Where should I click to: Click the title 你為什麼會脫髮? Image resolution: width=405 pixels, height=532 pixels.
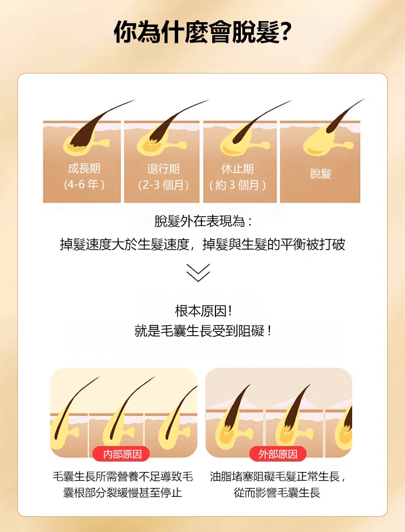click(202, 32)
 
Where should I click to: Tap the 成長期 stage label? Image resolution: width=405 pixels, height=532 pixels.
click(84, 169)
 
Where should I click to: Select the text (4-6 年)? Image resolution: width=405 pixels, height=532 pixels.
click(84, 185)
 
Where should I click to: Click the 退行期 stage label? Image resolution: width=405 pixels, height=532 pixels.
click(163, 169)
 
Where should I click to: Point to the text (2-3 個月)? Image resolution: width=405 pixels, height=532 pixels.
click(163, 185)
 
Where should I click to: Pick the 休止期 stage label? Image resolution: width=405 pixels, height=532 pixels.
click(238, 169)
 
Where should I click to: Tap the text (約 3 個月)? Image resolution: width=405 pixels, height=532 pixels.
click(238, 185)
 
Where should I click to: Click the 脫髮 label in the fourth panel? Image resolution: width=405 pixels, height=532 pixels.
click(320, 174)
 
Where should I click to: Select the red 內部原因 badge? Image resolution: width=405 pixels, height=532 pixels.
click(123, 454)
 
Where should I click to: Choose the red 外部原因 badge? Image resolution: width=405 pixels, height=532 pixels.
click(278, 454)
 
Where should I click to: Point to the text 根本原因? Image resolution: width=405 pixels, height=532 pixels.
click(203, 311)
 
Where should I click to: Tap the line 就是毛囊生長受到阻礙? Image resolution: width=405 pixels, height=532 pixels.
click(203, 331)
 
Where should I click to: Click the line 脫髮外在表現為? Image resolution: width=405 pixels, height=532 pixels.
click(203, 221)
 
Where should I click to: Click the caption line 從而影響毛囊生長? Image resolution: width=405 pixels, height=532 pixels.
click(277, 493)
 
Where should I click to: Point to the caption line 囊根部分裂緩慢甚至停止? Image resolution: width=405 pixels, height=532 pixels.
click(123, 493)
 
